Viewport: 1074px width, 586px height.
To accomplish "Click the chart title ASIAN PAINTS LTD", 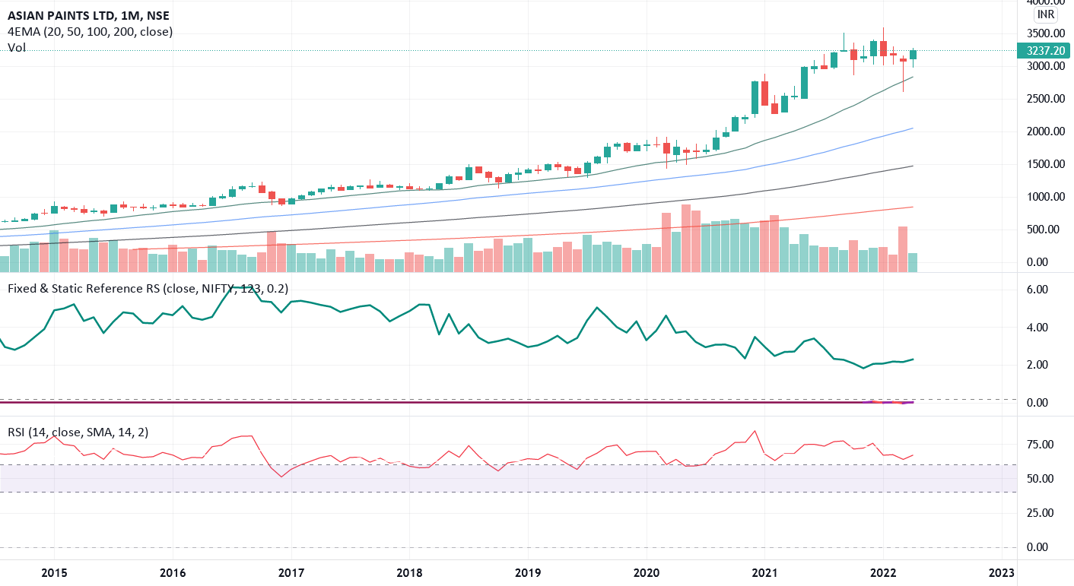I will (63, 14).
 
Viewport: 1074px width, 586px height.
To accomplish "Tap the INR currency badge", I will (1045, 14).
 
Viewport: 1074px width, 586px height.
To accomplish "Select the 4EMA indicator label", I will (90, 31).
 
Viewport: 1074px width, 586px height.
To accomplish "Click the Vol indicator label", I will (17, 47).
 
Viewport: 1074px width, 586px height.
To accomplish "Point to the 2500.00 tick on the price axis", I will (1043, 99).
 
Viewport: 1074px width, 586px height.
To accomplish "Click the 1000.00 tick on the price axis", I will (1043, 197).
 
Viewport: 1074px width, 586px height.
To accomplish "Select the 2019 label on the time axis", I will (528, 572).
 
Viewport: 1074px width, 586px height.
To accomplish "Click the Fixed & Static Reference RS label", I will (148, 288).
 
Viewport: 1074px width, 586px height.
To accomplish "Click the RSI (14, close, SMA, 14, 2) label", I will (78, 432).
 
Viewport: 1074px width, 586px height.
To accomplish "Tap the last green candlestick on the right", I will (913, 55).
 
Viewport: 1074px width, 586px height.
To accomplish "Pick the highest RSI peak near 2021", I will (755, 432).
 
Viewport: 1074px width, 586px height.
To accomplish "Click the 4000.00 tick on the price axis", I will (1043, 4).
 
